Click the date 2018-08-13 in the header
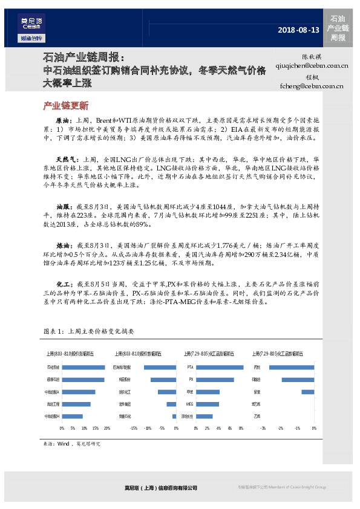[298, 30]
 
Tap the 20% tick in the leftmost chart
[107, 428]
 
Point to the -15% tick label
[133, 428]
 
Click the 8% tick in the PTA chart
[241, 428]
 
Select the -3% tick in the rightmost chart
[263, 428]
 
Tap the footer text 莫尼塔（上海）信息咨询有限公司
[158, 488]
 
